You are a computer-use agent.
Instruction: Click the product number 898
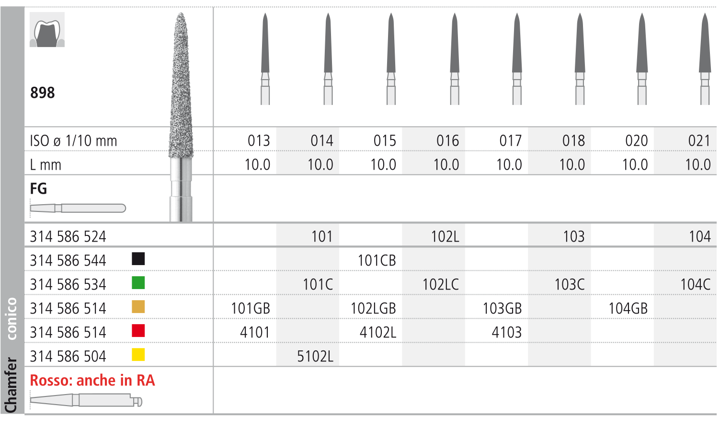(x=43, y=93)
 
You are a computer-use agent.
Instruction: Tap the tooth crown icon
(x=47, y=30)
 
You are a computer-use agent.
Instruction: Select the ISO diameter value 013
(x=259, y=140)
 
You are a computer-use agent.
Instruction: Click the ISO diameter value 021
(x=699, y=140)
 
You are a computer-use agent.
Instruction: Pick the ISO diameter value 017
(x=511, y=140)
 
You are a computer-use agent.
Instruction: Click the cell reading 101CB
(x=377, y=260)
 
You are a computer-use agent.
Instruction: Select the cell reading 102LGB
(x=373, y=308)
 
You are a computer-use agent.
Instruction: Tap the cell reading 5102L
(x=315, y=356)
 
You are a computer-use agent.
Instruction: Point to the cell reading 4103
(x=506, y=332)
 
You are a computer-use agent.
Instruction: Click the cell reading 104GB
(x=628, y=308)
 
